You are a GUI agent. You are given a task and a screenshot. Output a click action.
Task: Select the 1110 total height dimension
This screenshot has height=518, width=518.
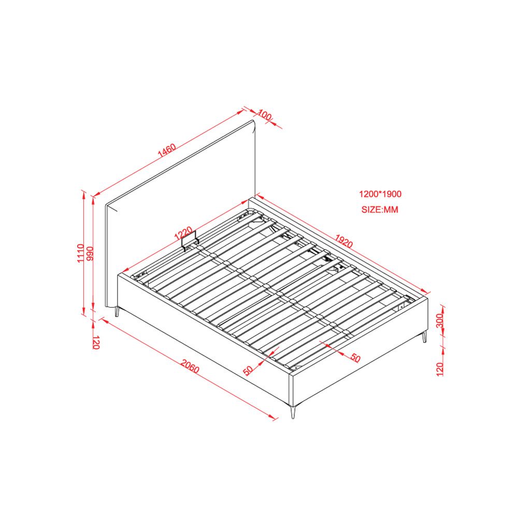[80, 253]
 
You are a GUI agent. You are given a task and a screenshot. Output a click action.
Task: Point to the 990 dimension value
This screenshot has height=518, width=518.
[90, 254]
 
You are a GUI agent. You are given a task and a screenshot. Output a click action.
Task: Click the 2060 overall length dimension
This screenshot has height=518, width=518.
[190, 367]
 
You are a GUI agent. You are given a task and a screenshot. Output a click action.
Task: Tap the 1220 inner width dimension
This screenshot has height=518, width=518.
[183, 233]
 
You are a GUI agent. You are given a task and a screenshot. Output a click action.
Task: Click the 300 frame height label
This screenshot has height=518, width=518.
[439, 321]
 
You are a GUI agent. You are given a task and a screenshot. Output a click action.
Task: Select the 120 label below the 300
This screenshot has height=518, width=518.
[439, 369]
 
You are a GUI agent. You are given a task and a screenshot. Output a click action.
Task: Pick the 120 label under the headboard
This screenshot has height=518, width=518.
[96, 342]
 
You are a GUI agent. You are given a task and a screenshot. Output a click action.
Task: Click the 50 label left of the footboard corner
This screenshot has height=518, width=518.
[249, 371]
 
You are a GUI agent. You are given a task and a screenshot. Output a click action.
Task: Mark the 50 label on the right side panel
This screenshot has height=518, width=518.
[355, 358]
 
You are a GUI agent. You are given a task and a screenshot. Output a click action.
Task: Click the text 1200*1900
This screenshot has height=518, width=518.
[380, 194]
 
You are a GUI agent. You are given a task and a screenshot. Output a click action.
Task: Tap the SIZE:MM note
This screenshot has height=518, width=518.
[380, 209]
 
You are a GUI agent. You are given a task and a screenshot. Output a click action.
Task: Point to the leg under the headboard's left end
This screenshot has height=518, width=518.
[117, 312]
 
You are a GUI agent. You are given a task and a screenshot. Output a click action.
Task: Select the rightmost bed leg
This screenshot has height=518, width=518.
[425, 337]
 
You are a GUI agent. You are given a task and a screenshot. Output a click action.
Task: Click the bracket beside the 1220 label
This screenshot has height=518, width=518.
[189, 240]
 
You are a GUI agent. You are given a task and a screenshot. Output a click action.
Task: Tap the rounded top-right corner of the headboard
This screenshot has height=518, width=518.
[253, 124]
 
